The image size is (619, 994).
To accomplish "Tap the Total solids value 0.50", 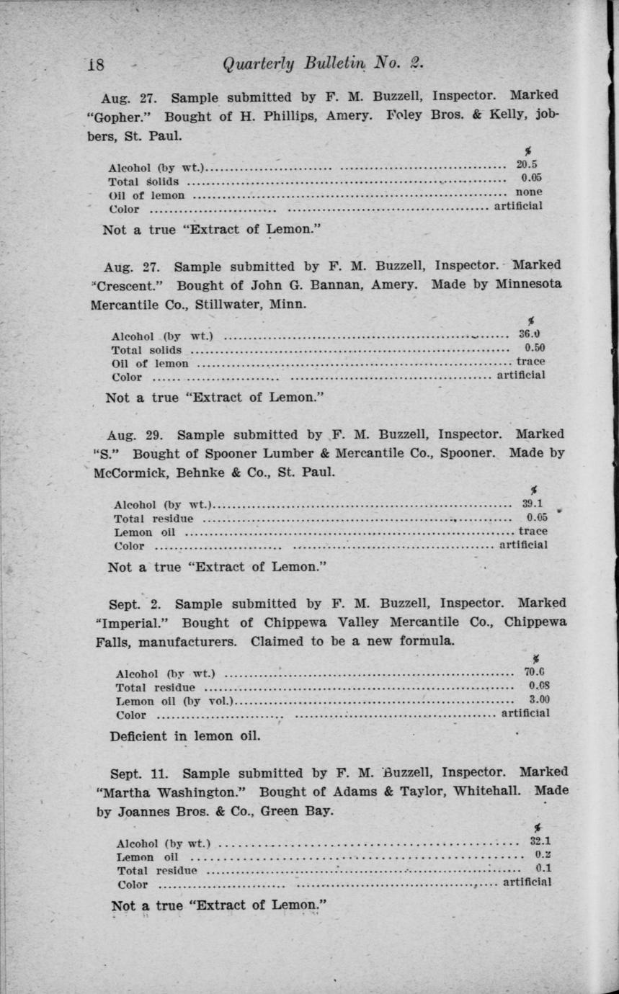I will (x=534, y=349).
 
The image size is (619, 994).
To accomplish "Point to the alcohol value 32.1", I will (x=540, y=841).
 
